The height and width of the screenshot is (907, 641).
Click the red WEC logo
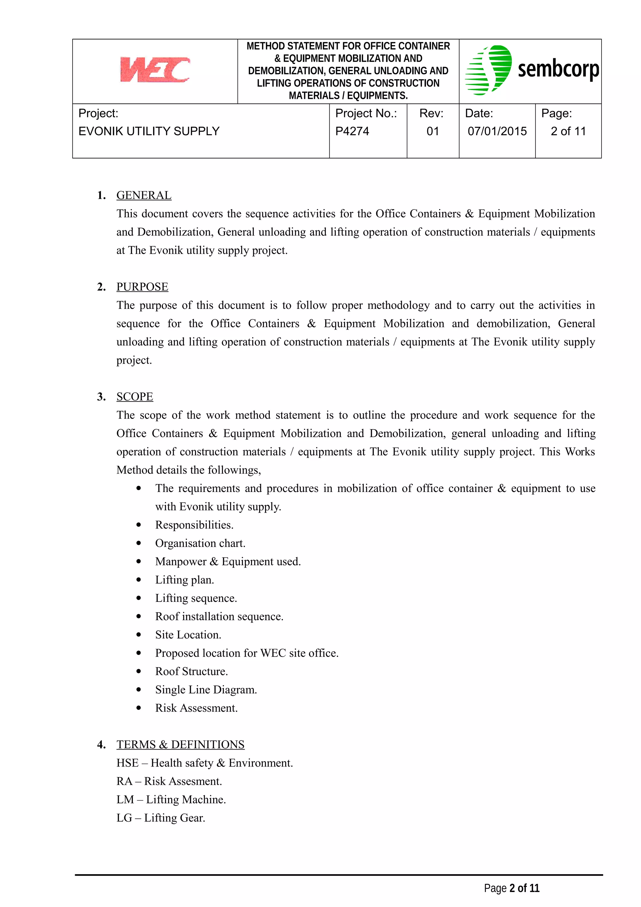(155, 69)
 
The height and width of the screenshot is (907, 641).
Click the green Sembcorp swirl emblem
(489, 70)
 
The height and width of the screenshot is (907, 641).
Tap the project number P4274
(352, 131)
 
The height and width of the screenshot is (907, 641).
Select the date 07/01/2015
(497, 131)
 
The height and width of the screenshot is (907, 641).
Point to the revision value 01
(433, 131)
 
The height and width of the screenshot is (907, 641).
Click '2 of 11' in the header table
(568, 131)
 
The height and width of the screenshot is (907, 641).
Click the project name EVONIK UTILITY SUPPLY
(149, 131)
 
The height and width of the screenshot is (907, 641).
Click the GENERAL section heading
(144, 195)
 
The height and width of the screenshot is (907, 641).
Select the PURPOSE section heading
(142, 287)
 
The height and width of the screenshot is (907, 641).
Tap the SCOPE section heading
(135, 397)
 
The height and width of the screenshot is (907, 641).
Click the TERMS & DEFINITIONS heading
(181, 745)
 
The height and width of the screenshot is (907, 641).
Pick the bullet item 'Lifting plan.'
(184, 580)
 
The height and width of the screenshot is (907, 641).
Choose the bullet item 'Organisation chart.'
(200, 543)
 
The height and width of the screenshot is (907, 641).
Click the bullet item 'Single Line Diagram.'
(206, 690)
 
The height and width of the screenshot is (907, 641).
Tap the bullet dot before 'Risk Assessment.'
(139, 708)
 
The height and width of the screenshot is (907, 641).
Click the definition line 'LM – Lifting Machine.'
(171, 800)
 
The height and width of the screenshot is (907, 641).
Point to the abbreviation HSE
(127, 763)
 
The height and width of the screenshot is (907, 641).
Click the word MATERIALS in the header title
(314, 95)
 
